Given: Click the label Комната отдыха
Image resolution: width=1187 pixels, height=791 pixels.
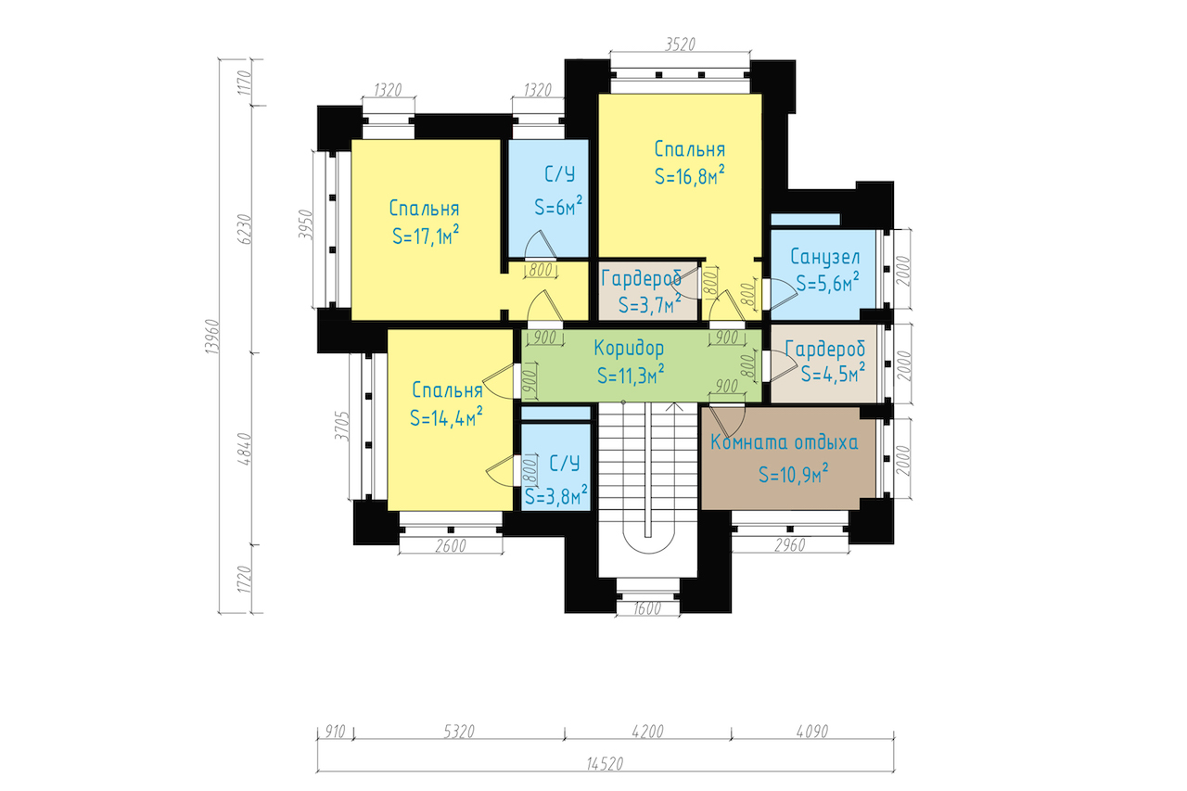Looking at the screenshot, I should pyautogui.click(x=784, y=442).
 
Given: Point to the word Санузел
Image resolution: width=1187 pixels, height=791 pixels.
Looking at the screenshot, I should pyautogui.click(x=825, y=257).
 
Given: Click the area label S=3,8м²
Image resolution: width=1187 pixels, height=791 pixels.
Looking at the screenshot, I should pyautogui.click(x=555, y=496).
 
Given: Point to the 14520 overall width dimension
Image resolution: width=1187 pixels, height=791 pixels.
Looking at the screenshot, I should pyautogui.click(x=605, y=764).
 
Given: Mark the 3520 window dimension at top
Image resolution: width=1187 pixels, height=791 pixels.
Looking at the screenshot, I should pyautogui.click(x=680, y=44).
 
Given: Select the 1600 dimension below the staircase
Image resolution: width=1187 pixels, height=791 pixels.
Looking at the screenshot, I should pyautogui.click(x=648, y=609).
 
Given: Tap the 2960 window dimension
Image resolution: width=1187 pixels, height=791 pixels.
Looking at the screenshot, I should pyautogui.click(x=790, y=545).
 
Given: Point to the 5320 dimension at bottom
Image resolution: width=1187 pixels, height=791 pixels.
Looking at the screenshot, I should pyautogui.click(x=458, y=732).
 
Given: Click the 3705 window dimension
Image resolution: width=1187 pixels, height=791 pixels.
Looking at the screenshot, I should pyautogui.click(x=342, y=427).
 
